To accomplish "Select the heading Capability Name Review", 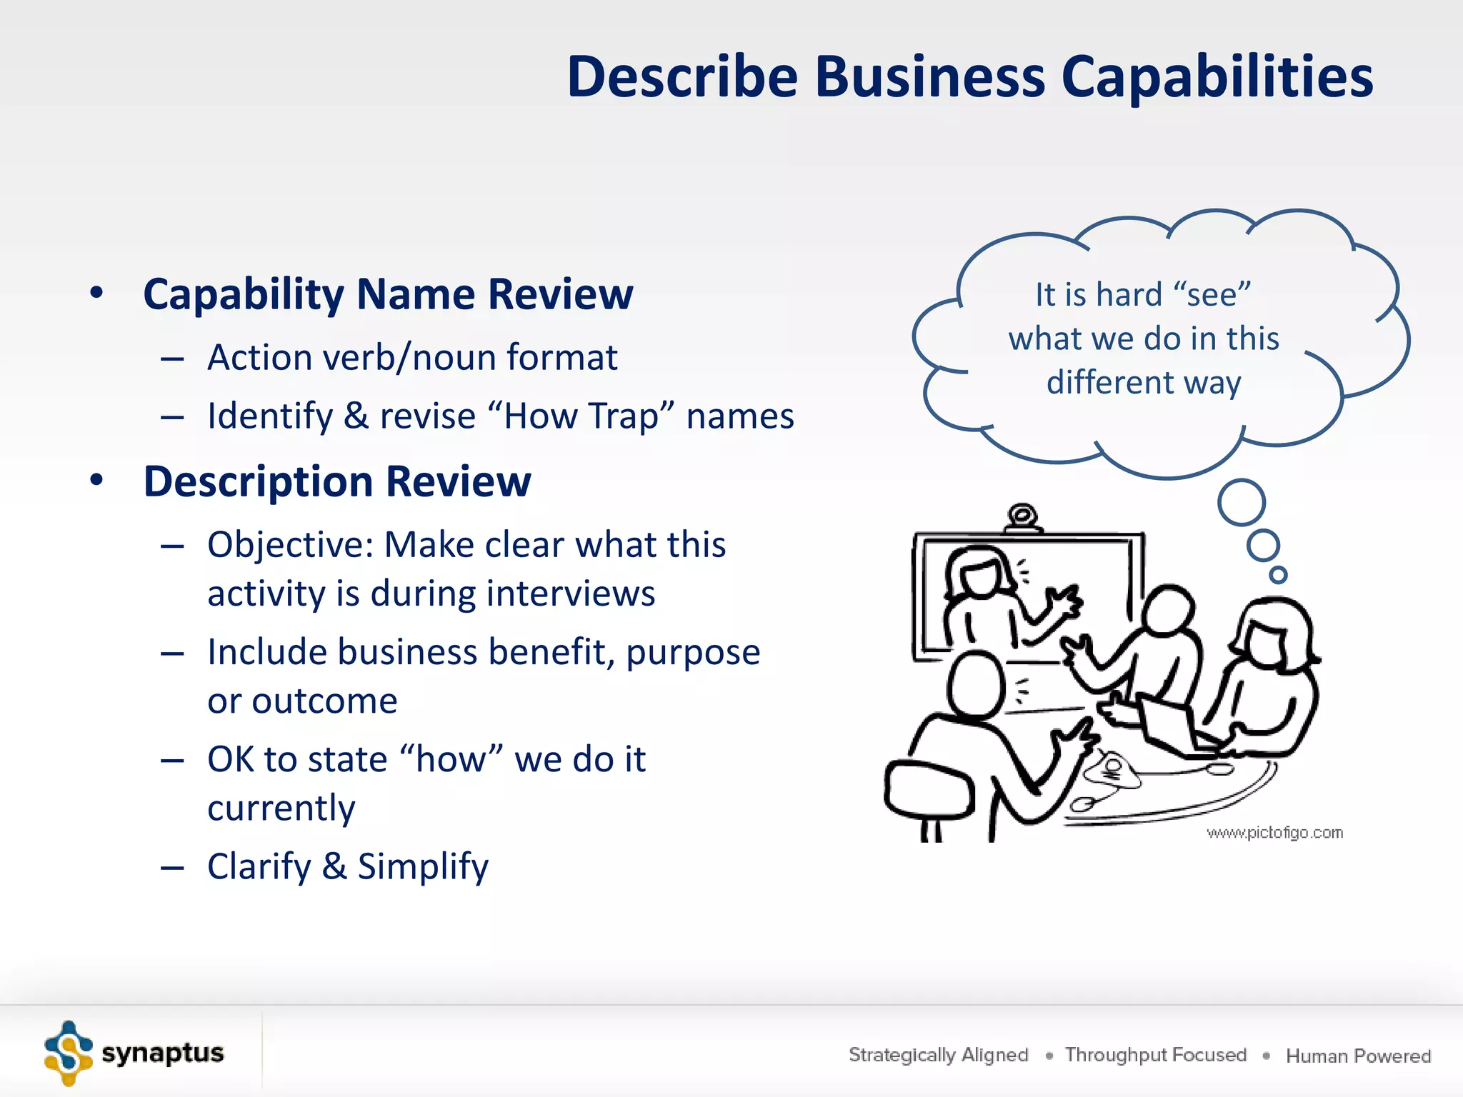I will point(388,294).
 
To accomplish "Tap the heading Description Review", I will point(337,481).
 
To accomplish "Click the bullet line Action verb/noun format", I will point(412,357).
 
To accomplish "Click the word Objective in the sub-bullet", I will point(289,545).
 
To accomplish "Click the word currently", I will point(281,808).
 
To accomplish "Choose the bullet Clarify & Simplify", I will point(348,866).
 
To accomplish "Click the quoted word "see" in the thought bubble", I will point(1212,294).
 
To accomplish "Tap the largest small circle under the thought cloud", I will point(1242,502).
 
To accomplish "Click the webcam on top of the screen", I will point(1023,516).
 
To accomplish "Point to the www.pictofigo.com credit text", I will point(1274,833).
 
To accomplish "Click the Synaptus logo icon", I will point(68,1053).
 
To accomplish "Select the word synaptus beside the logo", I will point(163,1053).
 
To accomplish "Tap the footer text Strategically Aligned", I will point(938,1055).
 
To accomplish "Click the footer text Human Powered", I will point(1358,1056).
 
